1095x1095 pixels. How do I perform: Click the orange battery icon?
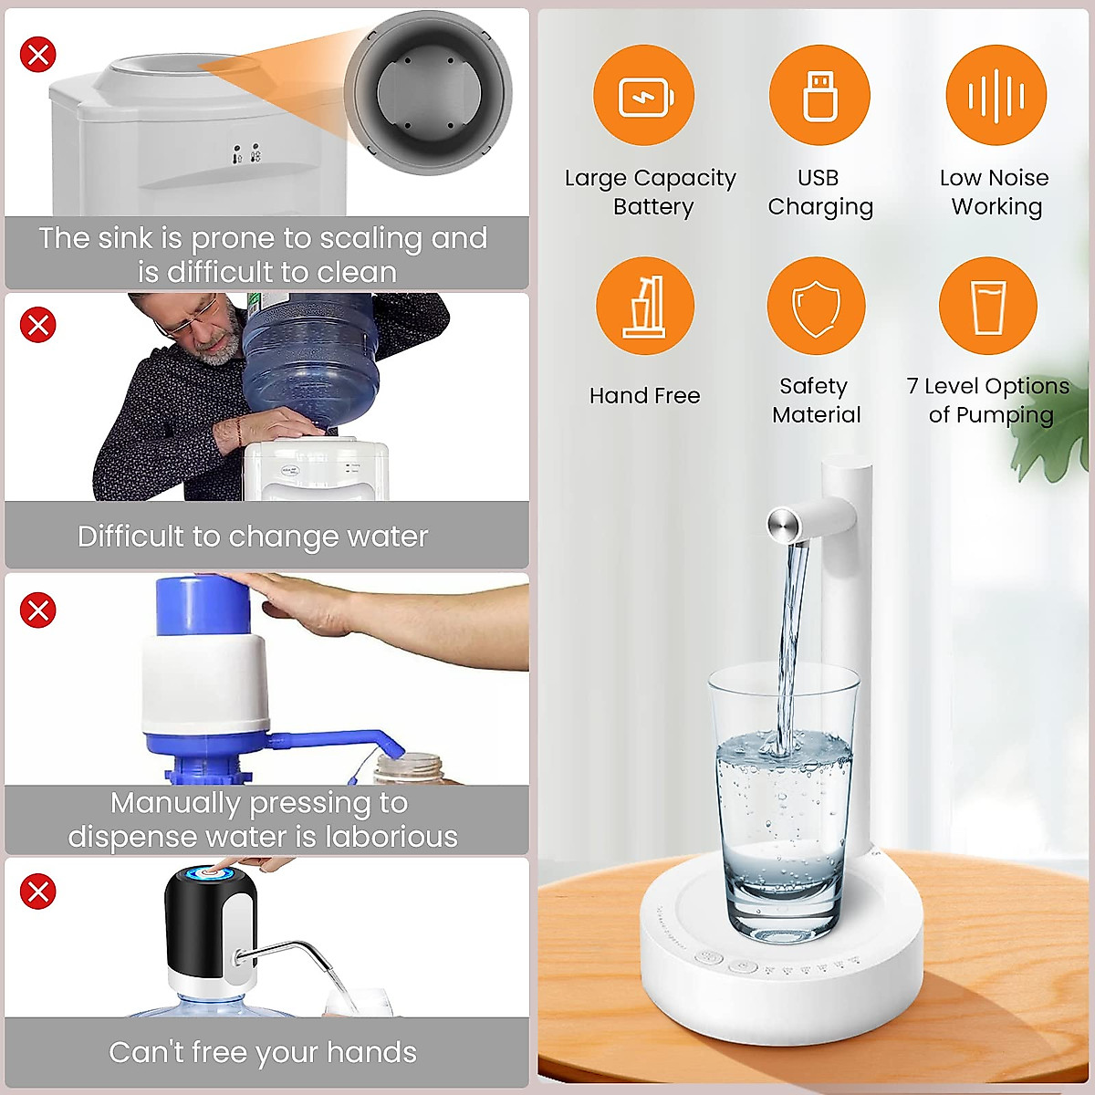coord(644,95)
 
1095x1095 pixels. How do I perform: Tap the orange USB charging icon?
coord(819,95)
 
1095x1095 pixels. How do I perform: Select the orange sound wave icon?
coord(996,95)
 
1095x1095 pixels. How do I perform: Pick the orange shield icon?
coord(816,307)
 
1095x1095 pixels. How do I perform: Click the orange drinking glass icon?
coord(987,307)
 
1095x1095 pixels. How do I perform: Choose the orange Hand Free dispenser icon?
coord(645,307)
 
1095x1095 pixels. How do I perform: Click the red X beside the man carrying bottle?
coord(38,325)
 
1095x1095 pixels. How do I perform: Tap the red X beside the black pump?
coord(38,892)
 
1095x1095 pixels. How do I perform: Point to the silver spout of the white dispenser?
coord(783,523)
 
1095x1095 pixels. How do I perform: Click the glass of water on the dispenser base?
coord(783,803)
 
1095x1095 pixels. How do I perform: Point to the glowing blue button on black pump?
coord(209,875)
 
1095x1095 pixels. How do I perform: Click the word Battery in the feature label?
coord(653,207)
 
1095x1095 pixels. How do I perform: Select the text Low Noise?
coord(994,178)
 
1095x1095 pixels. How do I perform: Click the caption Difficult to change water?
coord(253,537)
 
